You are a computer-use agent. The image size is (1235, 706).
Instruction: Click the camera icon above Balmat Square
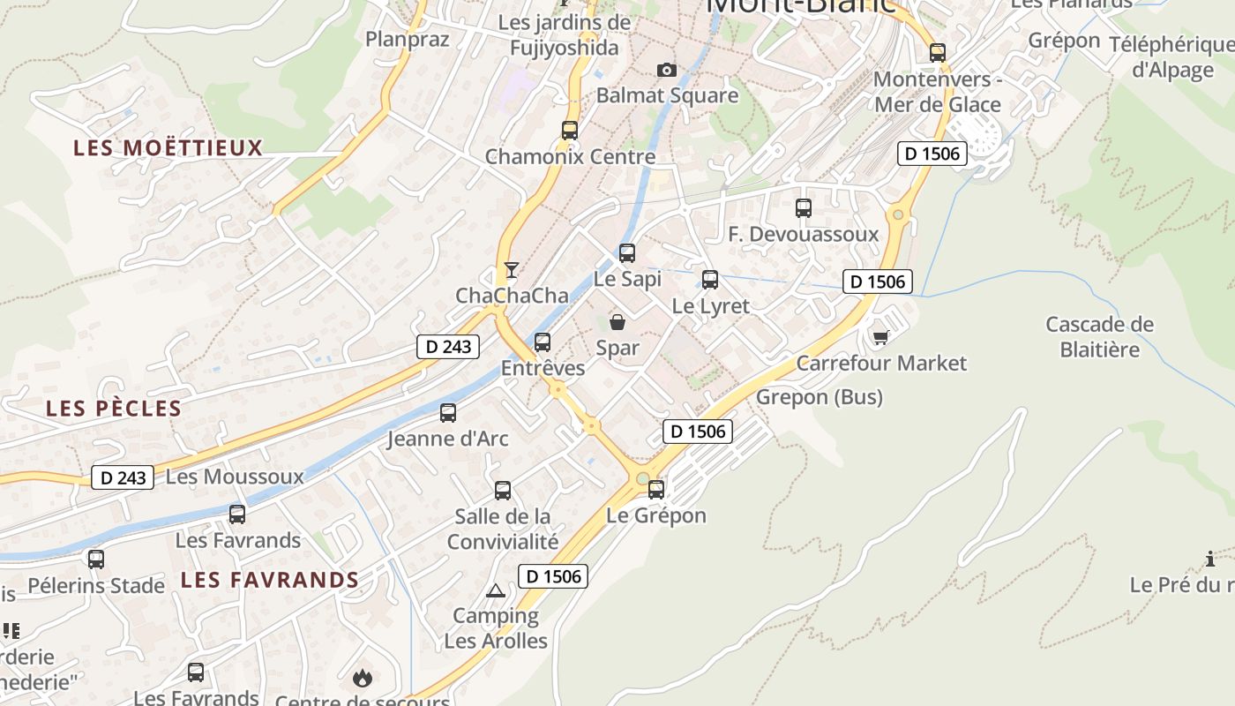point(667,70)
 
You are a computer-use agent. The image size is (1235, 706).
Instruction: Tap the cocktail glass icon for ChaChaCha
point(511,269)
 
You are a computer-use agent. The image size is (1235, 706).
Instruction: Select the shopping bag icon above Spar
point(617,322)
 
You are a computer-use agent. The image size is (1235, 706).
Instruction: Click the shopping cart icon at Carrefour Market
point(880,337)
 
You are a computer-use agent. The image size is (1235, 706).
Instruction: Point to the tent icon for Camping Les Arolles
point(495,590)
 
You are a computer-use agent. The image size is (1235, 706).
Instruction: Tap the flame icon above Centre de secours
point(362,678)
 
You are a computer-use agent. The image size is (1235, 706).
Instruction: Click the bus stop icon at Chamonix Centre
point(570,131)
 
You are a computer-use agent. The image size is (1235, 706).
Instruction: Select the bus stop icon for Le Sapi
point(627,253)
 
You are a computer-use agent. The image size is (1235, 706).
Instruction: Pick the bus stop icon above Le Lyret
point(710,281)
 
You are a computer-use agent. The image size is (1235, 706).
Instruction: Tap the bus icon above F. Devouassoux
point(804,208)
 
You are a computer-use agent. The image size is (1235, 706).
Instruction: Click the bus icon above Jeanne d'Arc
point(448,413)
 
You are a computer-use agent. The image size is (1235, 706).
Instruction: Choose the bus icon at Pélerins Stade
point(96,560)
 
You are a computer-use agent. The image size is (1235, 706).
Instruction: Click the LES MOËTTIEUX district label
point(168,147)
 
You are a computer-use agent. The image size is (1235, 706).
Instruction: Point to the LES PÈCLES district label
point(114,409)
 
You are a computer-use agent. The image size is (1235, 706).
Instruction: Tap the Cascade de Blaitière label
point(1099,336)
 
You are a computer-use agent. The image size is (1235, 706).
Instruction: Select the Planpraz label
point(408,39)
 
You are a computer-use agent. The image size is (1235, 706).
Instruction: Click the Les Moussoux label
point(235,477)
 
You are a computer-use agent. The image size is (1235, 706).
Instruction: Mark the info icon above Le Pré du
point(1210,559)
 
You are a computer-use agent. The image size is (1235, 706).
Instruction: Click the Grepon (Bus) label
point(820,397)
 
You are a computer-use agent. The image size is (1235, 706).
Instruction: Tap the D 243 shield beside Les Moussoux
point(123,477)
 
